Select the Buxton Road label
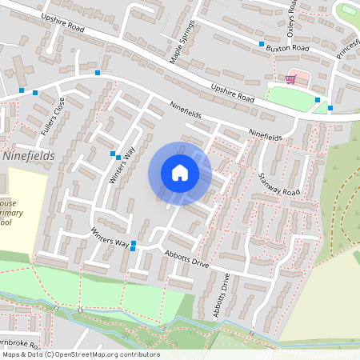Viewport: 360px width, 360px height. click(x=287, y=48)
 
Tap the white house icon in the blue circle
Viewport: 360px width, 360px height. click(x=179, y=173)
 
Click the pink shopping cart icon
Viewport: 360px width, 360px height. click(x=290, y=79)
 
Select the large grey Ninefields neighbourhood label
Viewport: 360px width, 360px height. click(x=29, y=156)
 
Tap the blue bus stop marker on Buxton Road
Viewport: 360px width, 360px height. click(x=261, y=43)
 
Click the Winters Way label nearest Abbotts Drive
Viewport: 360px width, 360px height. click(x=110, y=237)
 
